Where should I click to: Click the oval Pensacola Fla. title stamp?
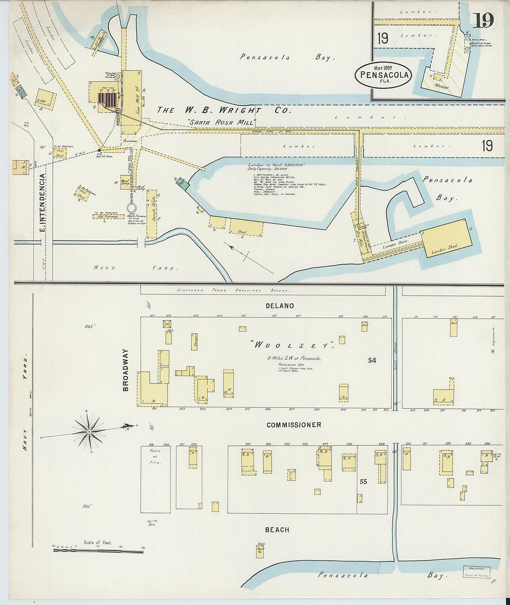coord(383,74)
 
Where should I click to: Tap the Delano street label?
coord(280,306)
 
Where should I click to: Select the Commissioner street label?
coord(293,425)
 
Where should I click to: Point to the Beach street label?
coord(277,530)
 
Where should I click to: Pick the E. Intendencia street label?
coord(42,203)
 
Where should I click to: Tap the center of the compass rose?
coord(88,432)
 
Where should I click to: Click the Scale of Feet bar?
coord(98,551)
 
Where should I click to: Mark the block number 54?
coord(372,360)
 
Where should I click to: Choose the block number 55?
coord(363,482)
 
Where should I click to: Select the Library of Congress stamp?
coord(477,572)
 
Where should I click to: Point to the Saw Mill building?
coord(132,97)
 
